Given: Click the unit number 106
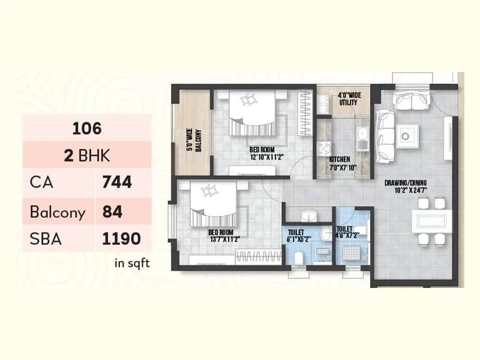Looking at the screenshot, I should [87, 128].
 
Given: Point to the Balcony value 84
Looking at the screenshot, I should [113, 211].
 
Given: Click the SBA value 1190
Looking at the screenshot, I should [121, 239].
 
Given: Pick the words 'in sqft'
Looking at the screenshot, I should [132, 262].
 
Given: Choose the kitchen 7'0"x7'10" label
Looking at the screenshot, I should [343, 163].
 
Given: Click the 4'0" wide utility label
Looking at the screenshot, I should [348, 98].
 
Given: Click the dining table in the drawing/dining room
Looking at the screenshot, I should [431, 220].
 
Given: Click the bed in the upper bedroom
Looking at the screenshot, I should [252, 114].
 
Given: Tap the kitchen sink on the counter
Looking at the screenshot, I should [362, 140].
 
